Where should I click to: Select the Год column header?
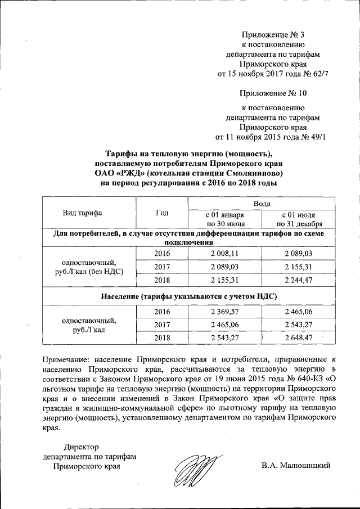click(x=161, y=213)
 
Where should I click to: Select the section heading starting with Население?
click(x=189, y=295)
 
